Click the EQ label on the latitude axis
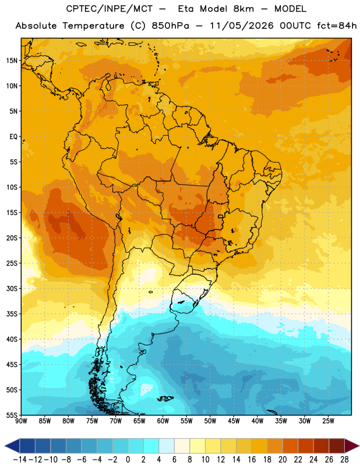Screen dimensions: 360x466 point(13,137)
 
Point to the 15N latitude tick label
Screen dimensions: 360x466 point(12,61)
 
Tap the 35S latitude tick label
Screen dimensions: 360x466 point(12,314)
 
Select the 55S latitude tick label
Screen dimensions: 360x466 point(12,415)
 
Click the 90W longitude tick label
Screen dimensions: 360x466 point(21,421)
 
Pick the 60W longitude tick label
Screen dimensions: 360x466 point(163,421)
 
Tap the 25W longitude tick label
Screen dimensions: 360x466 point(328,421)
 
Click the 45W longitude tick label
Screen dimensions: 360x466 point(234,421)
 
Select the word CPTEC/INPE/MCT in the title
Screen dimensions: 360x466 point(109,9)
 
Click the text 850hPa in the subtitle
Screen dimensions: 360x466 point(170,26)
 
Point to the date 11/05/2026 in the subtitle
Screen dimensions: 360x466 point(242,26)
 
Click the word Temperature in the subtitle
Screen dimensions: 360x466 point(93,26)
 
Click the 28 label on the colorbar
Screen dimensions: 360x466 point(344,460)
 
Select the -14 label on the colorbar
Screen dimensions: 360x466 point(20,460)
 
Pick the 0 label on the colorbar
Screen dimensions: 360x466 point(128,460)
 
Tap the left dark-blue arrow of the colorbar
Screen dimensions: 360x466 point(12,446)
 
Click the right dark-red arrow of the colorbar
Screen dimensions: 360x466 point(352,446)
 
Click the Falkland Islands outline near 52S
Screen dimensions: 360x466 point(165,398)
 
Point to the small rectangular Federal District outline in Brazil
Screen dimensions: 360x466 point(221,216)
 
